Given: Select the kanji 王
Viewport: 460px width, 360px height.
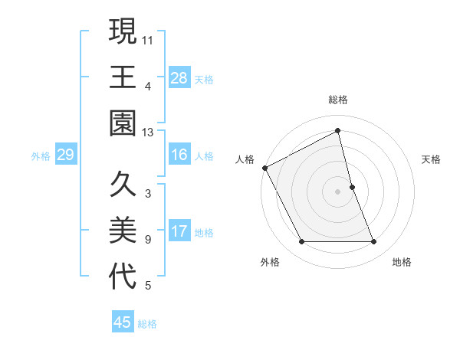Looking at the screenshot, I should pos(123,77).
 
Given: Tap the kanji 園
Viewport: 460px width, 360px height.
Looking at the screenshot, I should pos(123,123).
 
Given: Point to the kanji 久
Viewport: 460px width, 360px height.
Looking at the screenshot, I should pos(123,185).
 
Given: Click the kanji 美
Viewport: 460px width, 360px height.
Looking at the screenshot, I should pos(123,231).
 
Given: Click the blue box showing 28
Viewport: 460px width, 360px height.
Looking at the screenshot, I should pos(179,77).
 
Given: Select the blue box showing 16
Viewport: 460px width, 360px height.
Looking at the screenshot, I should pos(179,155).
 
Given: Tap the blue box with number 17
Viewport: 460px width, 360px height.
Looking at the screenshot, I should pos(179,231).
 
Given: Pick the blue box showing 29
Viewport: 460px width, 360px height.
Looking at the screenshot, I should pos(65,155).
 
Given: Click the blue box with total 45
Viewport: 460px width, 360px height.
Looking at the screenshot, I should pos(123,322).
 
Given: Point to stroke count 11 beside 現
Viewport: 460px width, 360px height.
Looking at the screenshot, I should pos(148,38).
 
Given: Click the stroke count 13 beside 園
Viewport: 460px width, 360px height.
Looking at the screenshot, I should pos(148,133).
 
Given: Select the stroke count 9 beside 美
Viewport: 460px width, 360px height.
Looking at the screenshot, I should pos(148,240).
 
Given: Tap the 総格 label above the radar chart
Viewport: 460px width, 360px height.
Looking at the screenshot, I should pos(338,100).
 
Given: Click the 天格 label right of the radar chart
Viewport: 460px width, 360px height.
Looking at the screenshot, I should pos(432,159).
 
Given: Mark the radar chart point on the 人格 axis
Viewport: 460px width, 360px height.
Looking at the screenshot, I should pos(265,167).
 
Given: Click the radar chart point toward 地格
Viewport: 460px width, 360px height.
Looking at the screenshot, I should pos(374,242).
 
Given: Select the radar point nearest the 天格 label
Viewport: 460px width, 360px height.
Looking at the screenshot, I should pos(352,186).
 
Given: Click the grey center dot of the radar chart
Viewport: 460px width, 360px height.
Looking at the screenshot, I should pos(338,191).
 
